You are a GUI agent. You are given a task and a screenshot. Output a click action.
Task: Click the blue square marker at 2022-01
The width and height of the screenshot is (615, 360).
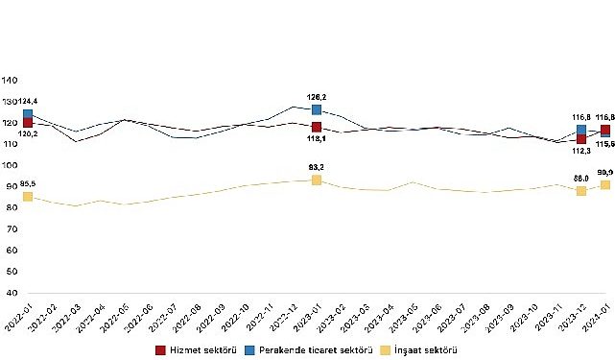pyautogui.click(x=28, y=114)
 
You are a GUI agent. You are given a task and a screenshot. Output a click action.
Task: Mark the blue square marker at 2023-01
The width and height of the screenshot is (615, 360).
pyautogui.click(x=317, y=109)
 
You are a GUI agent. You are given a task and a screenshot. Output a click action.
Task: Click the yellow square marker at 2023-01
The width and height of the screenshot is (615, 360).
pyautogui.click(x=317, y=180)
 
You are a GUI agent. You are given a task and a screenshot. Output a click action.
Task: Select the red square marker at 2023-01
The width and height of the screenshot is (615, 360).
pyautogui.click(x=317, y=127)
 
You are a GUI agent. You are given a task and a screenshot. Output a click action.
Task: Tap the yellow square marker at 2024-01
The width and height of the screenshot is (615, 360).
pyautogui.click(x=605, y=184)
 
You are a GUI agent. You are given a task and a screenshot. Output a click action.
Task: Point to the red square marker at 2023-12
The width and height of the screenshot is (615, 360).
pyautogui.click(x=581, y=139)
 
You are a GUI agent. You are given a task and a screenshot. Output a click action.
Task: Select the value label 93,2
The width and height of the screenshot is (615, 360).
pyautogui.click(x=317, y=167)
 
